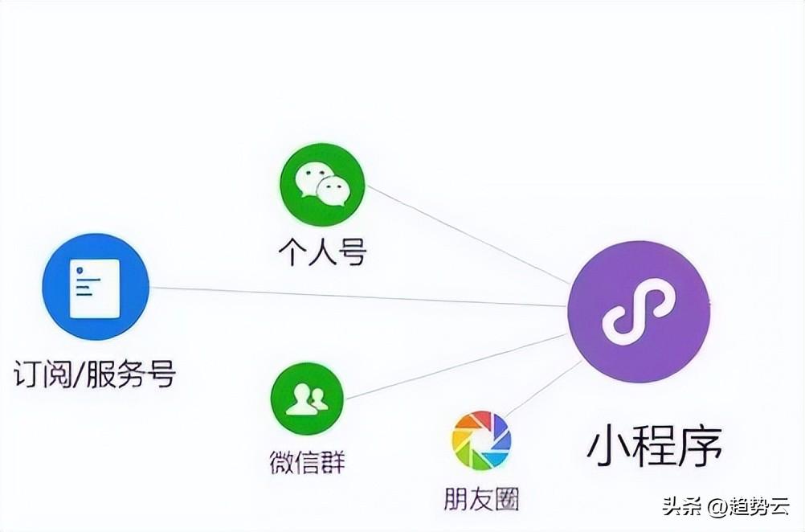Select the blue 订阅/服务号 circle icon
point(96,287)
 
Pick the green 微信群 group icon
point(307,399)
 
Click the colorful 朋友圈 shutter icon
point(481,441)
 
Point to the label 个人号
point(322,252)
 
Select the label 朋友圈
point(481,498)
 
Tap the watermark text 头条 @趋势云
point(726,507)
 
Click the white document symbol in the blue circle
point(95,288)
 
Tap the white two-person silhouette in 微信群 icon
point(307,398)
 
